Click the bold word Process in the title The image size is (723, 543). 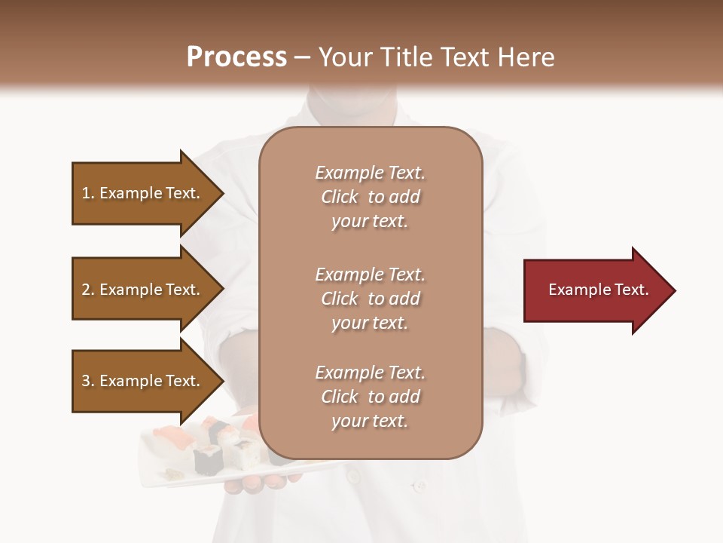pyautogui.click(x=236, y=57)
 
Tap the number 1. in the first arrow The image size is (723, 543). pyautogui.click(x=88, y=193)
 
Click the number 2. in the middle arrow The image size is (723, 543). pyautogui.click(x=88, y=290)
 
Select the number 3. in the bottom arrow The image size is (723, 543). pyautogui.click(x=88, y=381)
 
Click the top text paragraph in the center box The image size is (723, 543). pyautogui.click(x=370, y=197)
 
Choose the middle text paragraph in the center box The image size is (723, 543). pyautogui.click(x=370, y=299)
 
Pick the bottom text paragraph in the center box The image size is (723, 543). pyautogui.click(x=370, y=397)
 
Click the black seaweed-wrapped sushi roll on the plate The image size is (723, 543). pyautogui.click(x=208, y=459)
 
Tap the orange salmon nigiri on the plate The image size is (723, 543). pyautogui.click(x=166, y=436)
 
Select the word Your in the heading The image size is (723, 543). pyautogui.click(x=344, y=57)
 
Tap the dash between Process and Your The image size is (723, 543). pyautogui.click(x=302, y=57)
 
